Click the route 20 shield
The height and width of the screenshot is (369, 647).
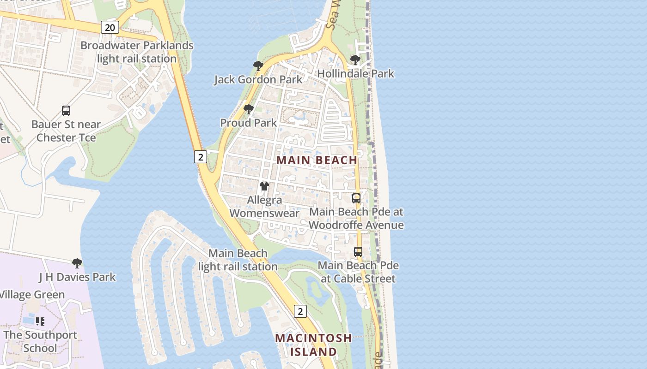110,28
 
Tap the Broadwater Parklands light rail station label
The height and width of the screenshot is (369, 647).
137,52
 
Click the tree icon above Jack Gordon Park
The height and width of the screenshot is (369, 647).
258,66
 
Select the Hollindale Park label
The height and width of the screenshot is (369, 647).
355,73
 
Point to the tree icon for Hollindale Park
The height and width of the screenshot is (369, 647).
355,60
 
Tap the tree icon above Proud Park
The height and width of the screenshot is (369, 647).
249,109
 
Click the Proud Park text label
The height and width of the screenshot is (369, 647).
249,123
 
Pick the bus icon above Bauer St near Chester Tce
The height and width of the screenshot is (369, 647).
66,111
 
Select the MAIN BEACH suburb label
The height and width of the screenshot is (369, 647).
317,160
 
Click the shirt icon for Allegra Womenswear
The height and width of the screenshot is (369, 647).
264,186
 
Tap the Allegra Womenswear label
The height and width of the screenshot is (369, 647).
264,207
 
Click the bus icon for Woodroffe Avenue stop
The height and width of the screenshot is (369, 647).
356,198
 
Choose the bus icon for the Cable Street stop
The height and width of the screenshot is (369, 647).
358,252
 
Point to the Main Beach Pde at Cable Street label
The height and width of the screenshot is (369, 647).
358,272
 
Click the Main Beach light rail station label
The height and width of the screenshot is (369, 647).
238,260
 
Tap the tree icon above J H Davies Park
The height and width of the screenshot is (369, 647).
77,263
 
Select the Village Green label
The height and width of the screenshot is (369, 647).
32,295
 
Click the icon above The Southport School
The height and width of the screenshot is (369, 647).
40,321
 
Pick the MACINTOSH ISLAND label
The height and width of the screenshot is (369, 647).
313,345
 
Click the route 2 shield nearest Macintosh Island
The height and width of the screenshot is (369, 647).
300,311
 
